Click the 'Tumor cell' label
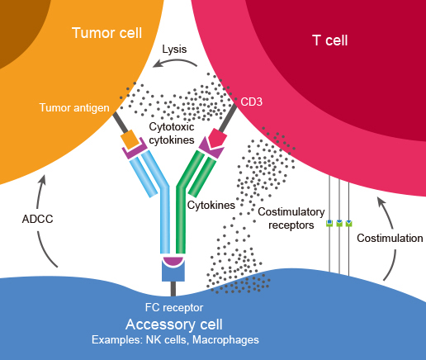point(106,33)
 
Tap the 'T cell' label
point(330,40)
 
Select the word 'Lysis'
point(174,50)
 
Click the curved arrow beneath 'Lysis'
point(174,62)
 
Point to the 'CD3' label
point(251,102)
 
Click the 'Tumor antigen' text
point(74,107)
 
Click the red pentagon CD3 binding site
point(217,138)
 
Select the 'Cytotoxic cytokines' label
point(172,134)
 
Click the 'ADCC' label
point(37,219)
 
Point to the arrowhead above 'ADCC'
point(42,180)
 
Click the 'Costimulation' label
point(390,238)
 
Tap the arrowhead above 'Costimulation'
point(381,201)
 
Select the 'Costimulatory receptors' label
point(291,218)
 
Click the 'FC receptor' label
point(174,307)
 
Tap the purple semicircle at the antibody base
point(173,261)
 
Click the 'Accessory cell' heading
point(174,324)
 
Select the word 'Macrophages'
point(225,340)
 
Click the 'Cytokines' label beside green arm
point(211,206)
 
